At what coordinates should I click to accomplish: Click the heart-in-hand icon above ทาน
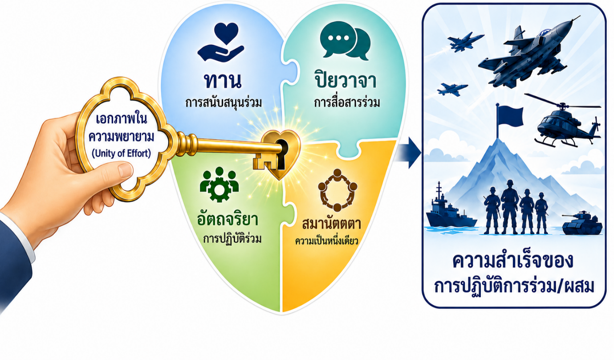click(x=221, y=42)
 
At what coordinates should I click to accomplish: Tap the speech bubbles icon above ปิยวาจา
click(x=345, y=41)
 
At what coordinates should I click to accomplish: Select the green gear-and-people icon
click(x=219, y=184)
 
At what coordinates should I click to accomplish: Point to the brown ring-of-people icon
click(x=337, y=190)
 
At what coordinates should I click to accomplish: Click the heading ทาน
click(x=223, y=81)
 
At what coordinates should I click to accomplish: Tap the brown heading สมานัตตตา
click(x=331, y=223)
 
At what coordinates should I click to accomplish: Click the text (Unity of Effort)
click(x=121, y=153)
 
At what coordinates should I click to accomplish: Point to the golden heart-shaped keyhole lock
click(x=280, y=154)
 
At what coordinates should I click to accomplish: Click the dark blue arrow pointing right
click(x=409, y=152)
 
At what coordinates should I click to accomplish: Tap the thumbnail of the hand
click(x=126, y=170)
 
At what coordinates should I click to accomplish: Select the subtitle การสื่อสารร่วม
click(x=347, y=103)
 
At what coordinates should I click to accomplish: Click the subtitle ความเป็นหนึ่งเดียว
click(x=327, y=241)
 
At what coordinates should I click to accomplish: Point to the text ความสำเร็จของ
click(x=513, y=261)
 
